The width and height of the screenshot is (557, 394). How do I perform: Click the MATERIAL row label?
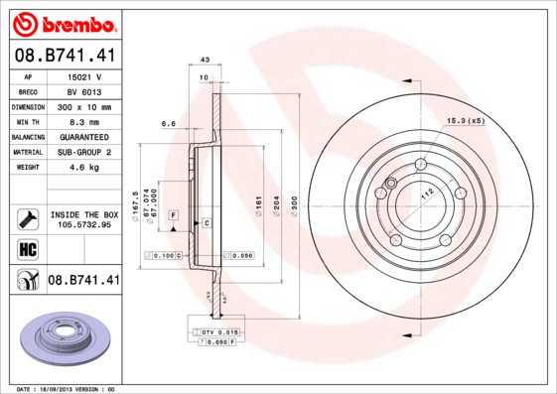[x=27, y=152]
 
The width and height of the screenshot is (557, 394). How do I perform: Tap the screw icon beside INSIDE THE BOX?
[x=27, y=218]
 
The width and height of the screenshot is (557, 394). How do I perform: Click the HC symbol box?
[x=27, y=248]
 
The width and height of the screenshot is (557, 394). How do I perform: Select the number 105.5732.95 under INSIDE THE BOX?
[x=84, y=224]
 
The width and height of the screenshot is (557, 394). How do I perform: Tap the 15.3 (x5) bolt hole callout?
[x=465, y=120]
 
